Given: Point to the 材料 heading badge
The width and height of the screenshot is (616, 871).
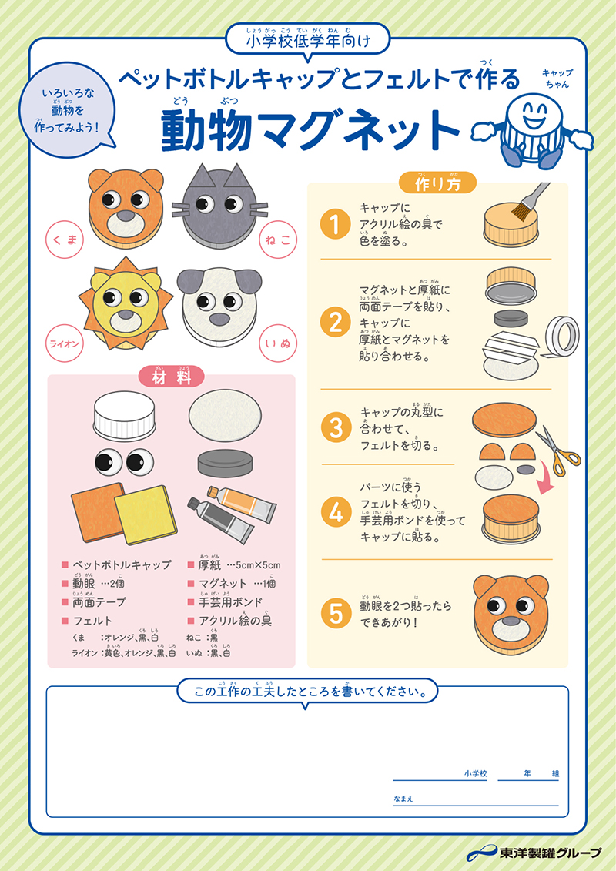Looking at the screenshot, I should click(171, 377).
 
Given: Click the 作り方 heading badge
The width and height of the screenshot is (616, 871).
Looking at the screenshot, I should click(437, 183).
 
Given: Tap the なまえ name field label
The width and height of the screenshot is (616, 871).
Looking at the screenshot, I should click(403, 798).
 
